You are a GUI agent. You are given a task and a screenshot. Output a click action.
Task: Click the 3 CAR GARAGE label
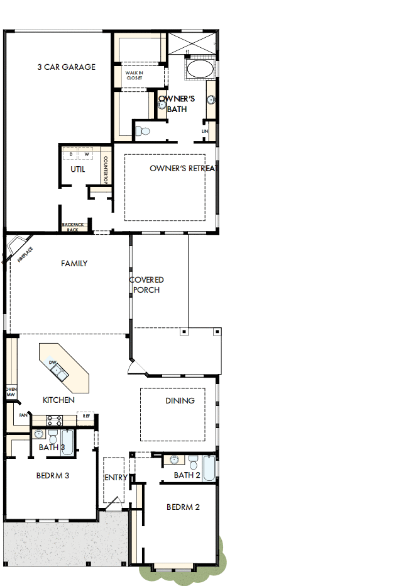(x=66, y=67)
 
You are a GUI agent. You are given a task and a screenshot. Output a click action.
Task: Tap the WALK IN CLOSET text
(x=135, y=76)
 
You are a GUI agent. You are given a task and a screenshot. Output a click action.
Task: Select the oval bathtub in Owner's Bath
(x=200, y=69)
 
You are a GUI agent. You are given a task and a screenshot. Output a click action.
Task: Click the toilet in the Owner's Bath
(x=144, y=131)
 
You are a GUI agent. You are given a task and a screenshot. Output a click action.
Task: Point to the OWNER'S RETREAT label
(x=183, y=169)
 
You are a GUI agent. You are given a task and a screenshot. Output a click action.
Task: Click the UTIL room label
(x=77, y=169)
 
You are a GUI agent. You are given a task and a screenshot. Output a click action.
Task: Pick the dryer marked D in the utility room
(x=71, y=154)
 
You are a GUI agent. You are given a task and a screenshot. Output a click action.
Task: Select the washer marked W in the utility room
(x=87, y=154)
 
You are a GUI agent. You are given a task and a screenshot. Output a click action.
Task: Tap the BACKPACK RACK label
(x=72, y=227)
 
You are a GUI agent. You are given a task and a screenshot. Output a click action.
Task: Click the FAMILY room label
(x=74, y=264)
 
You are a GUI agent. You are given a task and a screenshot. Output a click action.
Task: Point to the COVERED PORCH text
(x=146, y=285)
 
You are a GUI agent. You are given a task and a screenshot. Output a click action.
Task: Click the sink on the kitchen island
(x=59, y=372)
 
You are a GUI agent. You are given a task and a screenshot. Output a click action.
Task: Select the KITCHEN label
(x=58, y=400)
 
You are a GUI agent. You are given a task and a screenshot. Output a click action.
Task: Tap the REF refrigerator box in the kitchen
(x=86, y=416)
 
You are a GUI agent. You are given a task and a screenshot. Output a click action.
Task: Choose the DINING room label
(x=180, y=400)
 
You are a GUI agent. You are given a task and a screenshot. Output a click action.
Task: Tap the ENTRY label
(x=116, y=478)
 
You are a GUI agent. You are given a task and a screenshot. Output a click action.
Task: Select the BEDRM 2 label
(x=183, y=507)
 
